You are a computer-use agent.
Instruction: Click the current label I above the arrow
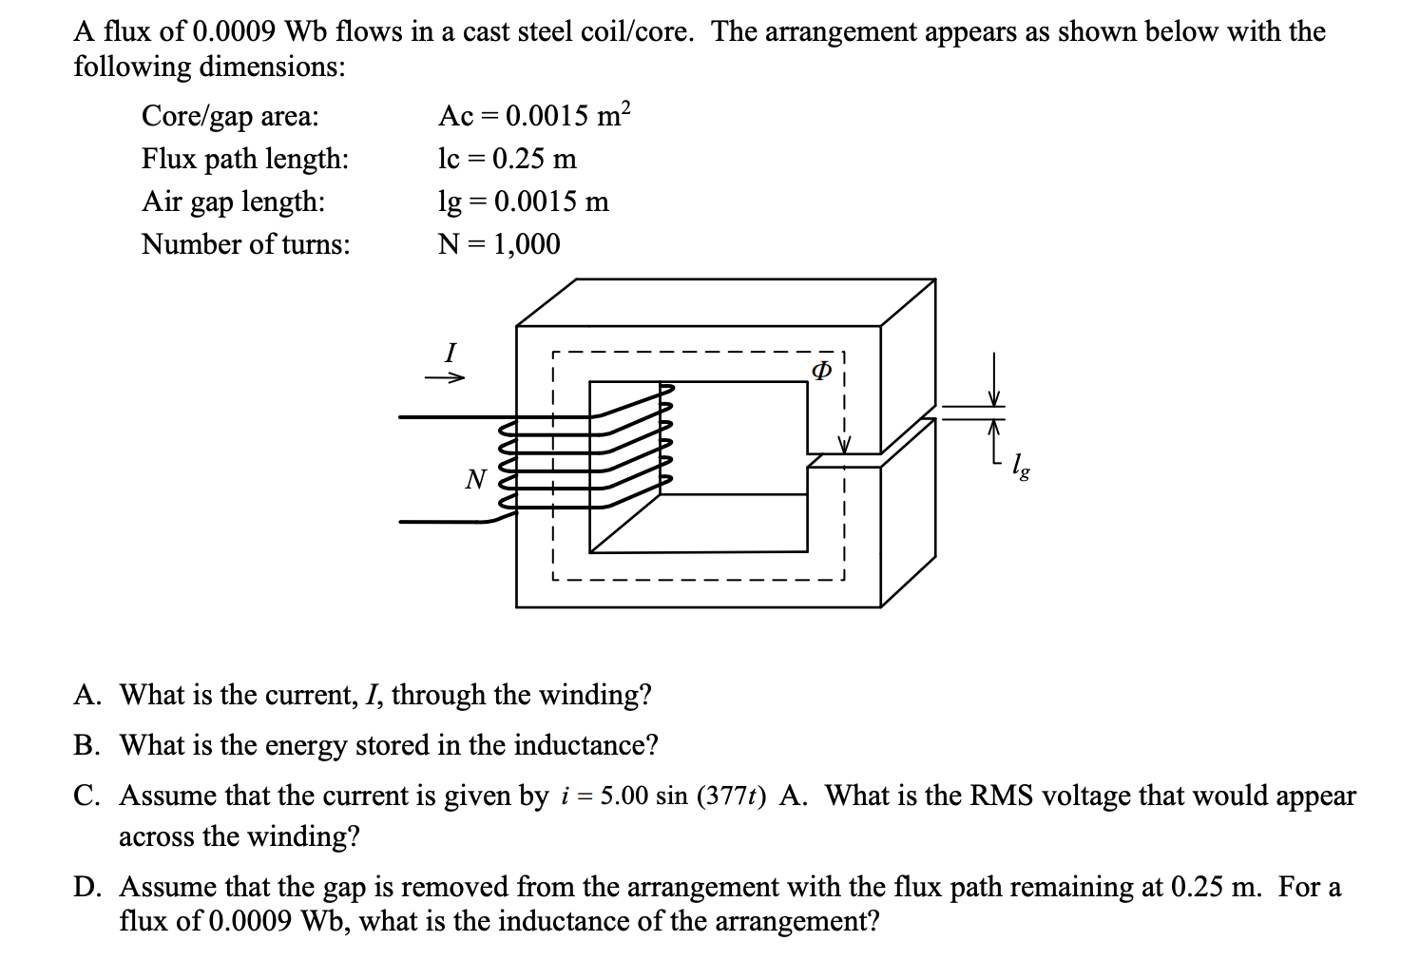tap(451, 353)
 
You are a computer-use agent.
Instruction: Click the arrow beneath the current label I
tap(444, 378)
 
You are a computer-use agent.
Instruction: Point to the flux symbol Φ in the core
tap(822, 370)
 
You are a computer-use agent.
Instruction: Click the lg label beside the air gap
tap(1018, 466)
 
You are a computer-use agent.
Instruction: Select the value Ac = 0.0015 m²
tap(533, 116)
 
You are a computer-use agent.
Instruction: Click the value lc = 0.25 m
tap(507, 159)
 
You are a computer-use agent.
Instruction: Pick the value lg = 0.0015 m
tap(523, 202)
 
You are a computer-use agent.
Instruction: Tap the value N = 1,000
tap(499, 244)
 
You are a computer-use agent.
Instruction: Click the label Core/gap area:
tap(230, 116)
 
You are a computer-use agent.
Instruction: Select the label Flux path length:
tap(245, 159)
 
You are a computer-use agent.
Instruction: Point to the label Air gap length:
tap(233, 202)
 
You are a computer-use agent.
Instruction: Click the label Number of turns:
tap(245, 244)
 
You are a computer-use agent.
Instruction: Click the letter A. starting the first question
tap(88, 695)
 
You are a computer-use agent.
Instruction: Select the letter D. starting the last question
tap(88, 887)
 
